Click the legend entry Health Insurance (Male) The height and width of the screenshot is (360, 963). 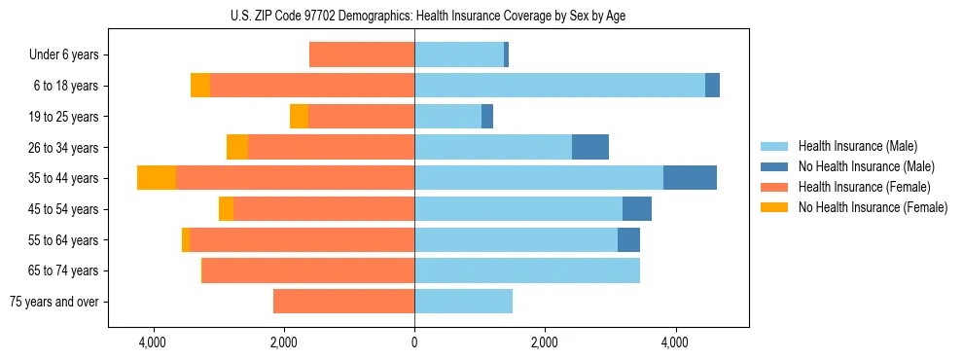click(x=856, y=146)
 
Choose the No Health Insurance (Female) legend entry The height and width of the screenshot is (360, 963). click(x=873, y=207)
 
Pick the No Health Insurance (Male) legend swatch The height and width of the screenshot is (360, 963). click(x=775, y=166)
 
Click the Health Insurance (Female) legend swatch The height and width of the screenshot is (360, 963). click(x=775, y=187)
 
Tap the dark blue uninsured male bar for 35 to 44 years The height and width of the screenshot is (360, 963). click(x=690, y=178)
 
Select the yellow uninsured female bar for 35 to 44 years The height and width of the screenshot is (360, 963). click(x=156, y=178)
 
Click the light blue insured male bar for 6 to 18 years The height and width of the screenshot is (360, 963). click(x=559, y=86)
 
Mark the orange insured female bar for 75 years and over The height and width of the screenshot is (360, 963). click(x=343, y=302)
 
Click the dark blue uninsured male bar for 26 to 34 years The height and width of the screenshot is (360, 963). click(x=589, y=147)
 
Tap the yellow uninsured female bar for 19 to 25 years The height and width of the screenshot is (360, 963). click(x=299, y=117)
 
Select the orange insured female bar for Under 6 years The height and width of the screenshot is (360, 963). click(x=361, y=54)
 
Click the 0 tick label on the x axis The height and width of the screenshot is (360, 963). click(x=414, y=342)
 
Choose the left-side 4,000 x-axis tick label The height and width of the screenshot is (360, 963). click(x=153, y=342)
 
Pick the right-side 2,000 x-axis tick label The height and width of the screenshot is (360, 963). click(x=545, y=342)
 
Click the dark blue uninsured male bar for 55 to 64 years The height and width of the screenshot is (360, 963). click(x=628, y=239)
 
